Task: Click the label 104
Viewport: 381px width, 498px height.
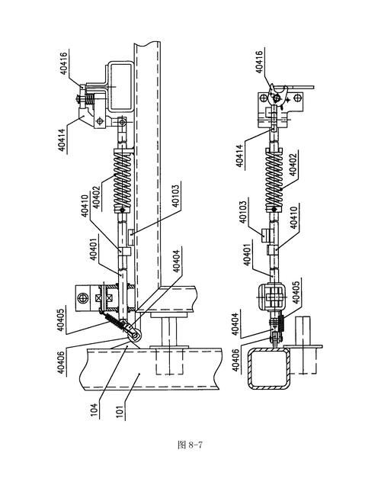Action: pos(94,410)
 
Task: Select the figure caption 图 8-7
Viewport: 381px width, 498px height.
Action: pos(190,445)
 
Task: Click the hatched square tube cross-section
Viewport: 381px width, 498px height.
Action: pos(269,368)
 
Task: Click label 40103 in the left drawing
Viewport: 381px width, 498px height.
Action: pos(176,196)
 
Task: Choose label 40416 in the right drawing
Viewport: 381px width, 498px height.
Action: pos(260,62)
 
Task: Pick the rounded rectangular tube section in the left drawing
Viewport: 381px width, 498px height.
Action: pos(120,86)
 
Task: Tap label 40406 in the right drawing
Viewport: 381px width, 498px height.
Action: pos(235,360)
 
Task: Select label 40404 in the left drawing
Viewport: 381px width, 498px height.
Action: pos(176,261)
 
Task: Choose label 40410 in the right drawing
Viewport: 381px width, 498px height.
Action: pos(293,218)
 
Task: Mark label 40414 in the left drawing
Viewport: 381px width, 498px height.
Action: pos(63,140)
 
